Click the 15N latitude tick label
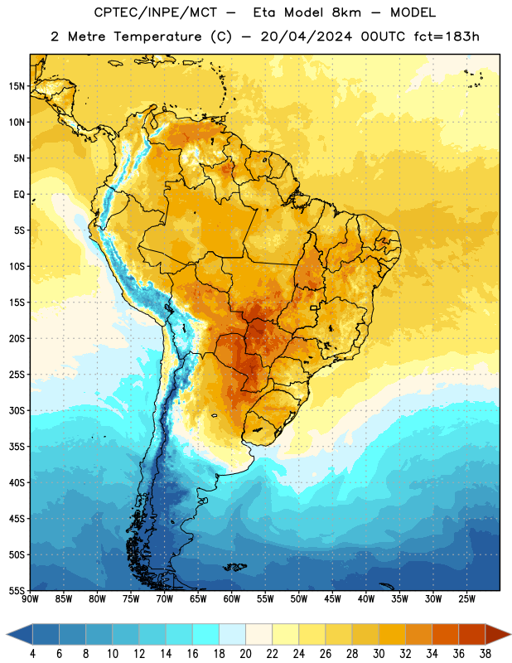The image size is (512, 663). click(17, 86)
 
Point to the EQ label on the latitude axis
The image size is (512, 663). click(19, 195)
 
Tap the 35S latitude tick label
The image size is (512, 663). click(17, 447)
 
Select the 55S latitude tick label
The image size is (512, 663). click(17, 590)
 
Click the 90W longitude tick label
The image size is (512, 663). click(30, 599)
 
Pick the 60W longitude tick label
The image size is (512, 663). click(232, 599)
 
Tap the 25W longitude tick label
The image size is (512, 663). click(466, 599)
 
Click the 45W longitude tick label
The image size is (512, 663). click(332, 599)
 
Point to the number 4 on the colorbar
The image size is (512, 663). click(32, 654)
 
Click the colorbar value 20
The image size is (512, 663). click(245, 654)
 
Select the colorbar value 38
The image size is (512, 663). click(485, 654)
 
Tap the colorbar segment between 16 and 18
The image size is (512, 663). click(206, 634)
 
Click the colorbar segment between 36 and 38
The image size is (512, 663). click(472, 634)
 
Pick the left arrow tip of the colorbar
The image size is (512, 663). click(7, 634)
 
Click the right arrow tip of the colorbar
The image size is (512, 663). click(510, 634)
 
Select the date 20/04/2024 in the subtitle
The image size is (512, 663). click(306, 36)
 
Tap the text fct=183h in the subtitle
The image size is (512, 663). click(447, 36)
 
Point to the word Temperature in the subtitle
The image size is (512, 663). click(157, 36)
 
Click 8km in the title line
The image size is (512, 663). click(346, 12)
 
